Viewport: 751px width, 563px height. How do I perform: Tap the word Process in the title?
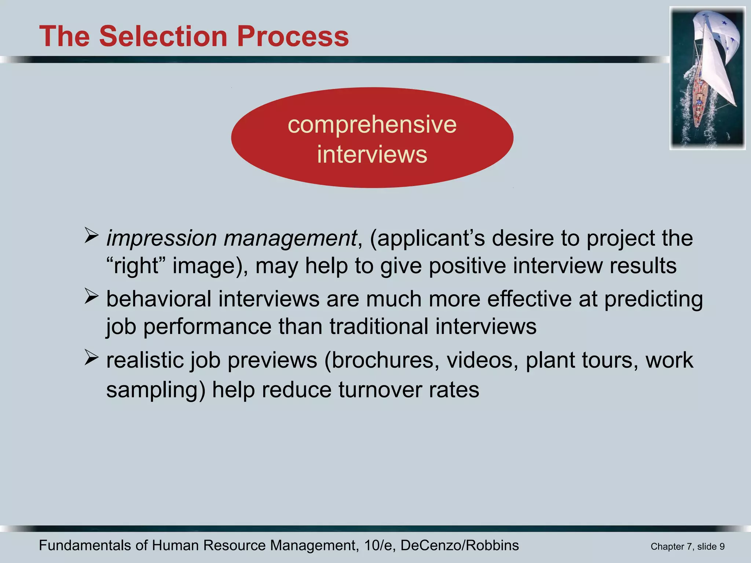[293, 36]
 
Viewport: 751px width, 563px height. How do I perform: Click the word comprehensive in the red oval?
[372, 125]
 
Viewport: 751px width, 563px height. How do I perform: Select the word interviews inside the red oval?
[372, 154]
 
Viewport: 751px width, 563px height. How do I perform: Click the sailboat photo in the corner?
[707, 78]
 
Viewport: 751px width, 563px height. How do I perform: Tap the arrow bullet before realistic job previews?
[91, 357]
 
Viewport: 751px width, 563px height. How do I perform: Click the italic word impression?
[161, 238]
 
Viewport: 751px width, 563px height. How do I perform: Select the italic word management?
[290, 238]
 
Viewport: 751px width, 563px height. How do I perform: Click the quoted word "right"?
[136, 266]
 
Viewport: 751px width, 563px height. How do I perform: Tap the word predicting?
[653, 299]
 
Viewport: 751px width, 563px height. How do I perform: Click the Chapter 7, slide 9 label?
[687, 547]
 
